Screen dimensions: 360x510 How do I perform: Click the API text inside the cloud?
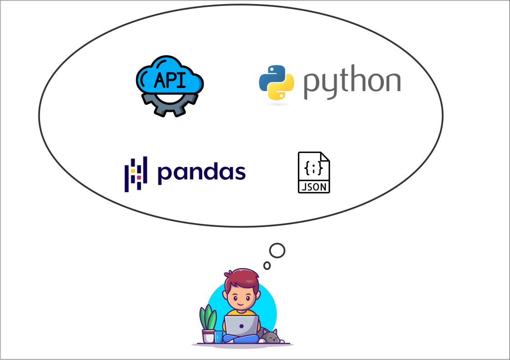[170, 80]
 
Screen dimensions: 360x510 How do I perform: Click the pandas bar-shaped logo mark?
[136, 174]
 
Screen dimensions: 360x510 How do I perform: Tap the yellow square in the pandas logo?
[133, 171]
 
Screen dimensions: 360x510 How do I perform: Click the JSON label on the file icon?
[314, 187]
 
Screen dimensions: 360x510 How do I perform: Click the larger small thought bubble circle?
[277, 251]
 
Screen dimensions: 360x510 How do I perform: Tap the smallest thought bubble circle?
[267, 265]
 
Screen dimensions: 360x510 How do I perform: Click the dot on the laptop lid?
[241, 326]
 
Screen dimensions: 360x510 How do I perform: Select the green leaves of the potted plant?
[208, 317]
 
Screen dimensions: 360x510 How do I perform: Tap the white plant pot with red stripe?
[209, 336]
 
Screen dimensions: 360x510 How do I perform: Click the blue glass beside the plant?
[219, 337]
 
